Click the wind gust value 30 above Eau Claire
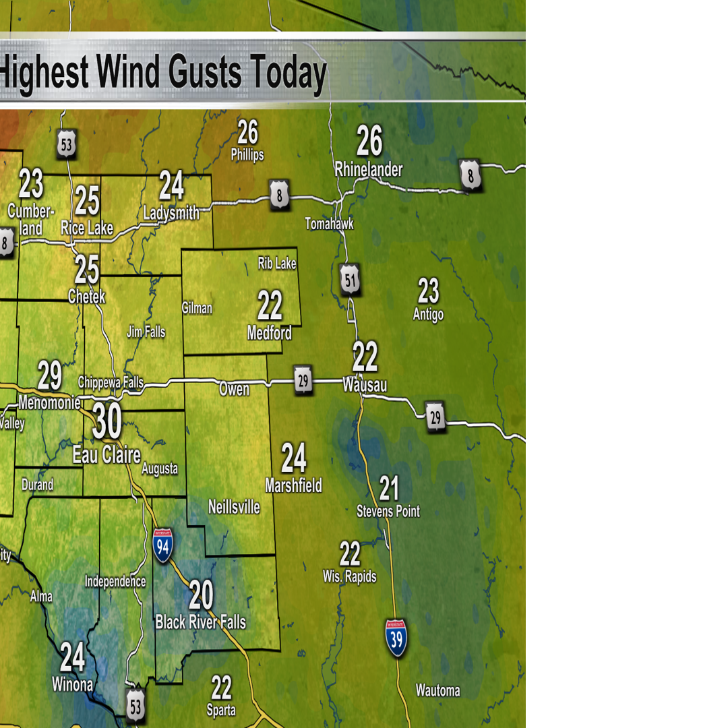pos(107,422)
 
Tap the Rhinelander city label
pos(369,170)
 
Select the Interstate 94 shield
pos(162,546)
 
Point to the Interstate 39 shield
pos(396,638)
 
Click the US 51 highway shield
pos(350,280)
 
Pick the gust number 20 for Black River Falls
pos(201,595)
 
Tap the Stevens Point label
pos(388,512)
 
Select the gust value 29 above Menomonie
pos(49,376)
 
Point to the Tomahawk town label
pos(329,224)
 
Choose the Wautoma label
pos(437,690)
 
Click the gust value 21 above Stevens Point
pos(389,488)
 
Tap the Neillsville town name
pos(234,507)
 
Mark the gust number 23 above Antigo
pos(428,292)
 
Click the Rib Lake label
pos(277,264)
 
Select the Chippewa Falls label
pos(111,383)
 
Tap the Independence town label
pos(115,581)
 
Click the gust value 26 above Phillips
pos(247,132)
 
